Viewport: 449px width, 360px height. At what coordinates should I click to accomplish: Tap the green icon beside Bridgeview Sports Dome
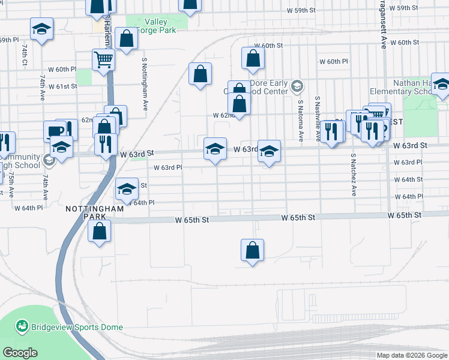(x=22, y=326)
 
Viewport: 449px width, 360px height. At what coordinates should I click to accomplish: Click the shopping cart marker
(x=103, y=61)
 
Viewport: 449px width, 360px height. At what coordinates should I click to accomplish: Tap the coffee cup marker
(x=55, y=131)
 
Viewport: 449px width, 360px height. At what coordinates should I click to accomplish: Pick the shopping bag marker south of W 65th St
(x=253, y=250)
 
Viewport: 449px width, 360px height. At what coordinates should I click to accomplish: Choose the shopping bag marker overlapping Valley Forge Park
(x=127, y=40)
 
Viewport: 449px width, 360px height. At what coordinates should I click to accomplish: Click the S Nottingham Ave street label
(x=145, y=84)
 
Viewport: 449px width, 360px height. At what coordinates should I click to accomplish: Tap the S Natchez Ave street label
(x=354, y=175)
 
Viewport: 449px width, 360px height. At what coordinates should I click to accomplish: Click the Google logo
(x=20, y=353)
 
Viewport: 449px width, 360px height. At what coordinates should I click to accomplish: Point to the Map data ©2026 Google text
(x=411, y=355)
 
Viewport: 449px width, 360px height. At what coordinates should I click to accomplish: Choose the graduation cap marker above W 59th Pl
(x=41, y=29)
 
